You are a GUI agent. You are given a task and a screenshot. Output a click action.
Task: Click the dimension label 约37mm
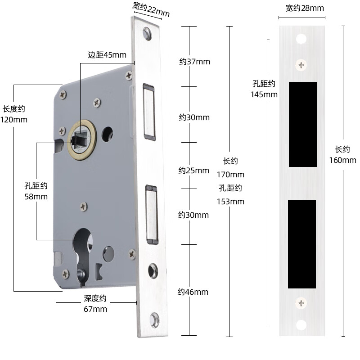coord(194,62)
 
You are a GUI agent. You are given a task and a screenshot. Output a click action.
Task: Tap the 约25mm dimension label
coord(193,171)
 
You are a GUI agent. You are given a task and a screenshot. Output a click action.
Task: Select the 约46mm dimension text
coord(193,292)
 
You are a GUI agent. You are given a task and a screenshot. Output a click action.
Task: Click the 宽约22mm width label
coord(151,9)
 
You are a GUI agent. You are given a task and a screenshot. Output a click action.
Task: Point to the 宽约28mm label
coord(305,8)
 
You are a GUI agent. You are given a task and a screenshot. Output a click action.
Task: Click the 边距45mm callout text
coord(107,55)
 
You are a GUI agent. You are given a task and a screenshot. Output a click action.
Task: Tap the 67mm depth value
coord(95,309)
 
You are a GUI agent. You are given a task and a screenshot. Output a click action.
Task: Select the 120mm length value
coord(14,120)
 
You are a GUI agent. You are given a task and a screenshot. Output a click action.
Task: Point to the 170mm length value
coord(230,174)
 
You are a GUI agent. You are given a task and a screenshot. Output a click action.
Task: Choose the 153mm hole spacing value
coord(230,201)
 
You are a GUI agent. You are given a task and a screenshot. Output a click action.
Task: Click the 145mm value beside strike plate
coord(264,94)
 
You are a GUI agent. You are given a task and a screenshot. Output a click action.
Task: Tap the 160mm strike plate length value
coord(346,160)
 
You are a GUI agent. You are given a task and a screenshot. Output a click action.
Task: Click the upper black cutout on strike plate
coord(302,124)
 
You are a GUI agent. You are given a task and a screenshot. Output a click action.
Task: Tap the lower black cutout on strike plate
coord(302,243)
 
